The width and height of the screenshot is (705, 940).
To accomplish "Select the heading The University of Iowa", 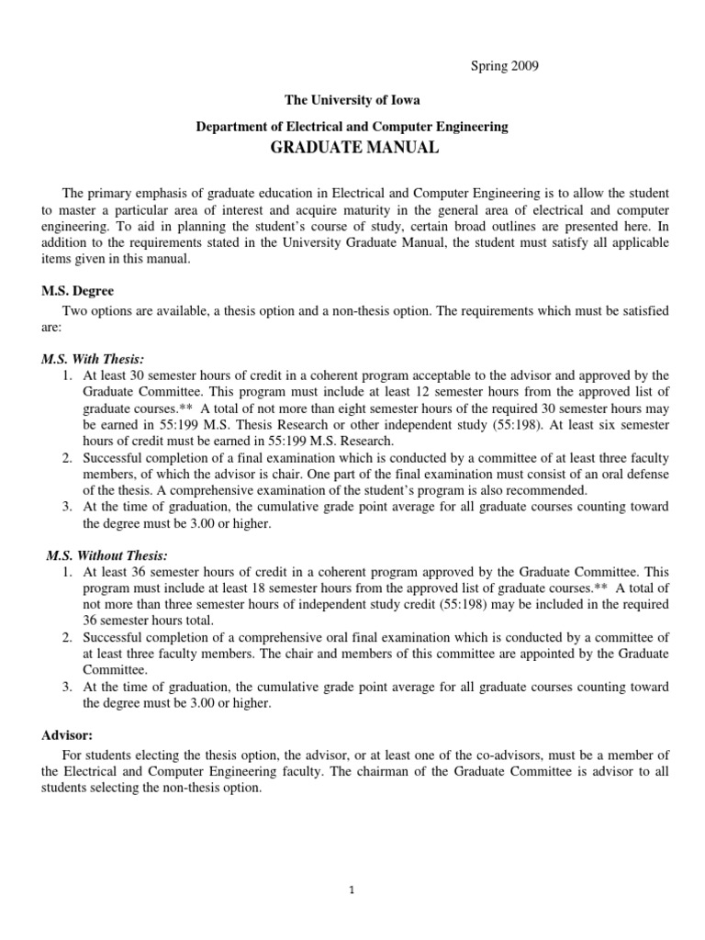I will (x=352, y=101).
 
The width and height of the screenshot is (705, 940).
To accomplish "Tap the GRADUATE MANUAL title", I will (x=352, y=148).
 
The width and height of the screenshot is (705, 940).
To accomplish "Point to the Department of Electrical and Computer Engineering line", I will (x=352, y=126).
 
